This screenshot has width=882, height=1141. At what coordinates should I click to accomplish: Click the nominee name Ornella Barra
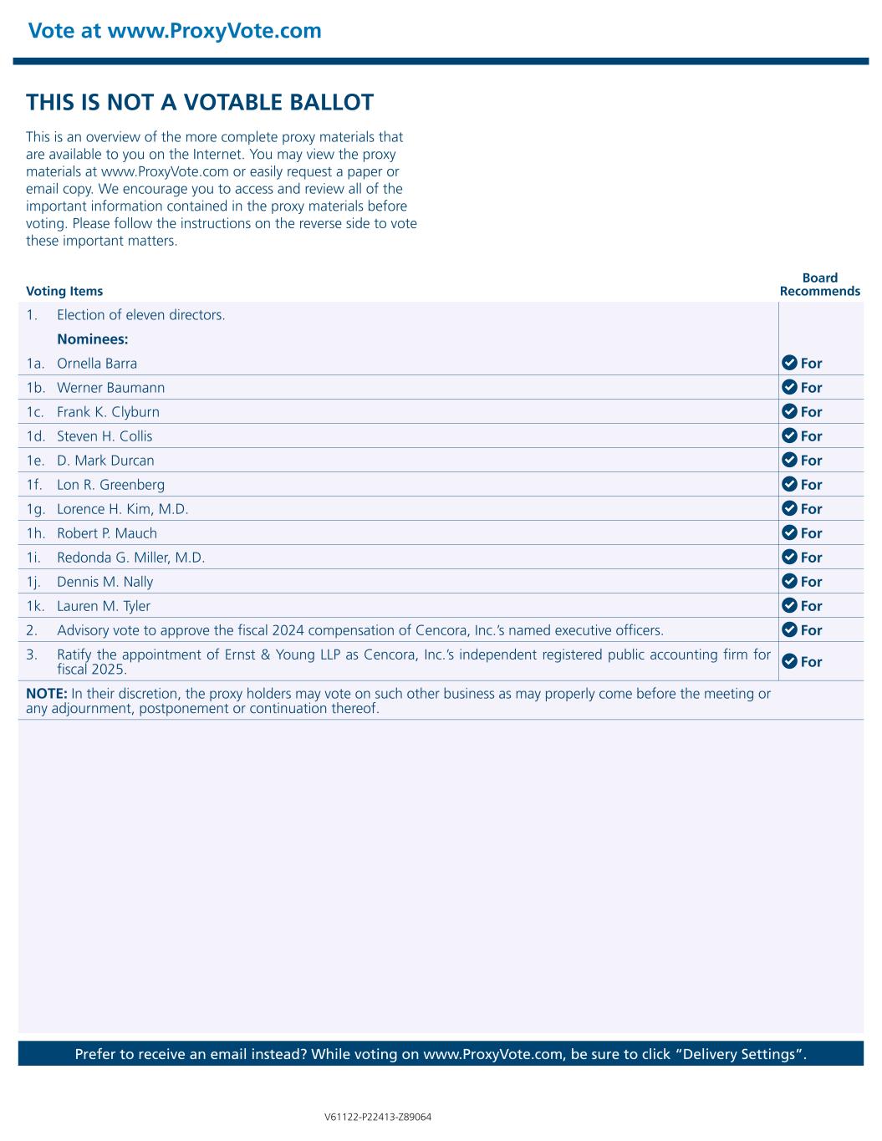[97, 364]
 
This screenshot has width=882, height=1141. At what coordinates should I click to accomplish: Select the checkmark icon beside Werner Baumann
[789, 387]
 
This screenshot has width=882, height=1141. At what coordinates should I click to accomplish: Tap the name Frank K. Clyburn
[108, 412]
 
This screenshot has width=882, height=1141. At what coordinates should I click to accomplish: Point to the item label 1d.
[35, 436]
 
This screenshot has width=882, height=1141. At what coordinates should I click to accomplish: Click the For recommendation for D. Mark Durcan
[811, 461]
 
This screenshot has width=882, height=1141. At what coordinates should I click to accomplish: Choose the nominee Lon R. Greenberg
[110, 485]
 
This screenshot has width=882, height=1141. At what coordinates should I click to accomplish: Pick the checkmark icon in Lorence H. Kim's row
[789, 508]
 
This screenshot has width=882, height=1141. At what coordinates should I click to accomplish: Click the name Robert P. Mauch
[107, 533]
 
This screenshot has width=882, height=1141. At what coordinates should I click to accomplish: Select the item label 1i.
[33, 558]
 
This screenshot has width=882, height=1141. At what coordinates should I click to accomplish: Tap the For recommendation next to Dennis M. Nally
[811, 582]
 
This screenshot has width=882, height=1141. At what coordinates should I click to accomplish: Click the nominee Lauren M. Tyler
[104, 606]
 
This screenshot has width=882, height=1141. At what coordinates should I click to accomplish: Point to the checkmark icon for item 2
[789, 629]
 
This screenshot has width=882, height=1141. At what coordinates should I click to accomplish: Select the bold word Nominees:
[92, 339]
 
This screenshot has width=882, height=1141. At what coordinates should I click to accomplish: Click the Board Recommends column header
[819, 284]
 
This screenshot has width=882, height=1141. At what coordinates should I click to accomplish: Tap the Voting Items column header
[64, 291]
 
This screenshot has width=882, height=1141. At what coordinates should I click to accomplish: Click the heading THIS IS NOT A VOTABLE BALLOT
[200, 103]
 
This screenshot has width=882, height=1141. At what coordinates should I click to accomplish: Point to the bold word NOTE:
[46, 693]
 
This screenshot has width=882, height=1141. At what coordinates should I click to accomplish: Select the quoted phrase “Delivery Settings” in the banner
[744, 1053]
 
